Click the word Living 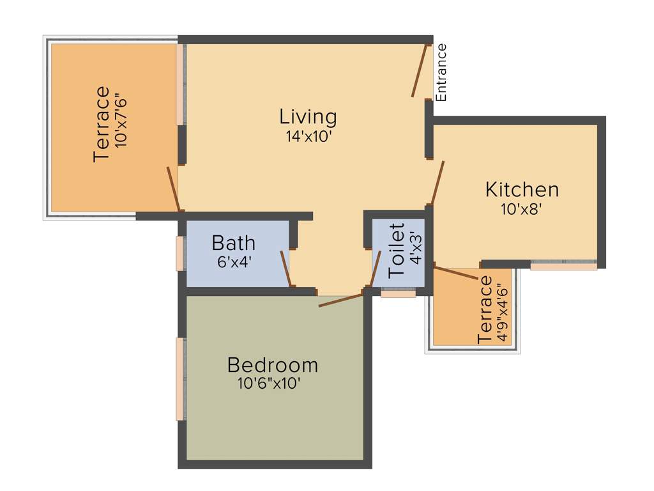(308, 117)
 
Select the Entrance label (441, 72)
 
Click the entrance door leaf (420, 70)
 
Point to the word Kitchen (522, 190)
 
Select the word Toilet (397, 250)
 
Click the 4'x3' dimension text (416, 250)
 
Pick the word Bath (234, 244)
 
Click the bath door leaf (287, 269)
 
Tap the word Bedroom (273, 365)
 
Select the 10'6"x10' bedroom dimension (269, 384)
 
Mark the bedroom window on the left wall (181, 378)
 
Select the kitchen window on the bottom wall (563, 265)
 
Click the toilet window (398, 293)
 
